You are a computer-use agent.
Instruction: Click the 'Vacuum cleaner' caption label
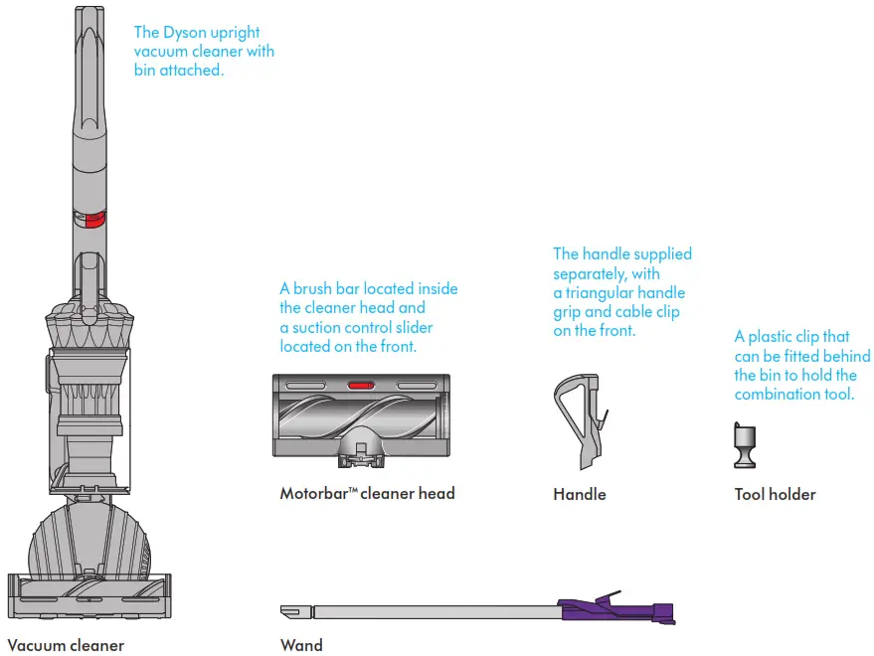coord(66,645)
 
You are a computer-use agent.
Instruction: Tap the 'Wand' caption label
coord(301,645)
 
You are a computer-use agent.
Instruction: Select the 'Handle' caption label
coord(579,494)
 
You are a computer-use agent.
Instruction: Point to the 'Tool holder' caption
coord(775,494)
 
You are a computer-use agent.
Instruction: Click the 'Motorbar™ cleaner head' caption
coord(367,493)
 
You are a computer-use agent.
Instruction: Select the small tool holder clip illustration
coord(744,444)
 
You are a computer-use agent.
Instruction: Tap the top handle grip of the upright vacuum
coord(86,40)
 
